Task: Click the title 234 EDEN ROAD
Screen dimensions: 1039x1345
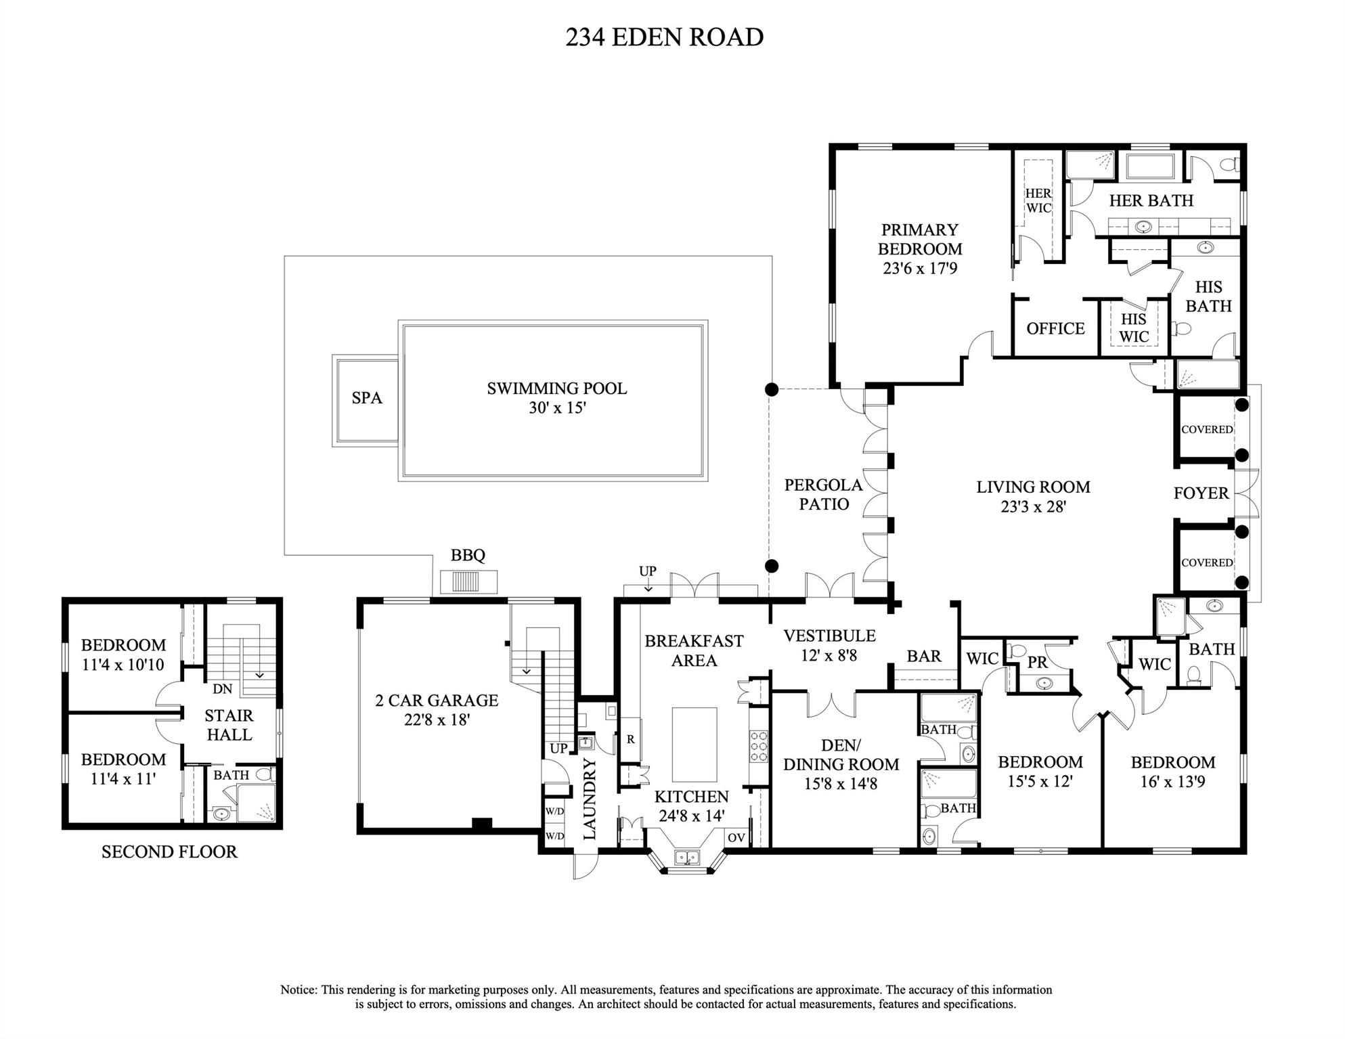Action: (x=664, y=37)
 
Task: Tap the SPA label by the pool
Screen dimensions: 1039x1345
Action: (x=366, y=398)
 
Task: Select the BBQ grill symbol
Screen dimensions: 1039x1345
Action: (x=468, y=581)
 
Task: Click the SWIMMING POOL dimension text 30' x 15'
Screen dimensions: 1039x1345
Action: (x=556, y=408)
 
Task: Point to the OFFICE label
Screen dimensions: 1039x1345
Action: (x=1055, y=329)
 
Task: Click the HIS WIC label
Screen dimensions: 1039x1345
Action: (x=1134, y=328)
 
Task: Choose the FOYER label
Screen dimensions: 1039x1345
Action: (x=1201, y=493)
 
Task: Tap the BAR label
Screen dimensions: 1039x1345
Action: (x=923, y=656)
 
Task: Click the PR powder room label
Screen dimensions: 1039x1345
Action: (x=1037, y=663)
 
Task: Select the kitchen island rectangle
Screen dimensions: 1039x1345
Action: (x=694, y=745)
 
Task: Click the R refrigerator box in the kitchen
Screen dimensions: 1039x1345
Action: (x=630, y=740)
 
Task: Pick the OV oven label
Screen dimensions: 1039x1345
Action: (x=736, y=837)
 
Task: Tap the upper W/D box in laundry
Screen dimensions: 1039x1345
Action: (x=554, y=811)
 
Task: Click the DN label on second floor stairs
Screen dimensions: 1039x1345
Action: (x=222, y=689)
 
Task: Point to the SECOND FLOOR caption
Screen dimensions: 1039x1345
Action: (x=169, y=852)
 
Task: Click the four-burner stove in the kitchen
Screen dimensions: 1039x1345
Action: (x=758, y=747)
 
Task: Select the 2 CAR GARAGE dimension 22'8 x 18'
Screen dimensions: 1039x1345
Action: (x=437, y=720)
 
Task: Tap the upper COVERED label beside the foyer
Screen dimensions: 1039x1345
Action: (x=1206, y=430)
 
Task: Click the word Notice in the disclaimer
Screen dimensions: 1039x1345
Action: (x=299, y=990)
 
